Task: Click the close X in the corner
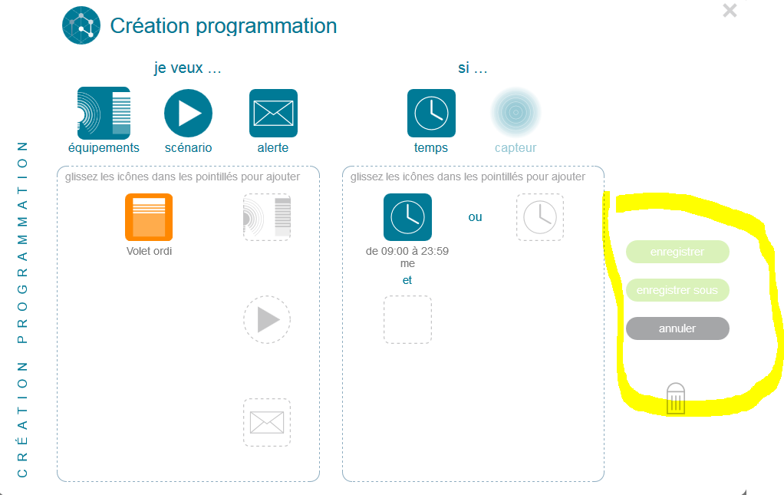pyautogui.click(x=730, y=11)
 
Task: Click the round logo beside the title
pyautogui.click(x=81, y=25)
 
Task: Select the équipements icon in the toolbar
pyautogui.click(x=104, y=113)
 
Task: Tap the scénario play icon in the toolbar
pyautogui.click(x=189, y=113)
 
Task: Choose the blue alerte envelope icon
pyautogui.click(x=274, y=113)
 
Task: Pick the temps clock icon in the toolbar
pyautogui.click(x=431, y=113)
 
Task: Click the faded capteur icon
pyautogui.click(x=516, y=113)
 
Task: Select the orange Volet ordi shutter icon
pyautogui.click(x=149, y=217)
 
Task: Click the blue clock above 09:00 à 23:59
pyautogui.click(x=407, y=217)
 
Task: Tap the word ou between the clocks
pyautogui.click(x=475, y=217)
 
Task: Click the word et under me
pyautogui.click(x=407, y=280)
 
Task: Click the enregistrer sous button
pyautogui.click(x=677, y=290)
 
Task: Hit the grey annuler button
pyautogui.click(x=677, y=328)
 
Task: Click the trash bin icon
pyautogui.click(x=676, y=398)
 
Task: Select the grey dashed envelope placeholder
pyautogui.click(x=267, y=423)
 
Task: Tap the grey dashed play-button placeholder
pyautogui.click(x=267, y=319)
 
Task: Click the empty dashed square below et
pyautogui.click(x=407, y=320)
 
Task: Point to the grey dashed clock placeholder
pyautogui.click(x=540, y=217)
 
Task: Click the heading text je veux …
pyautogui.click(x=187, y=68)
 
